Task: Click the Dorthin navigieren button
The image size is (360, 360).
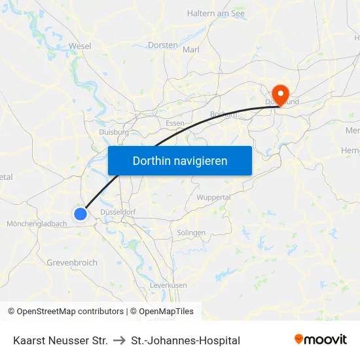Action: (x=180, y=160)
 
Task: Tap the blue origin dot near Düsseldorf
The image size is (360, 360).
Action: (x=81, y=213)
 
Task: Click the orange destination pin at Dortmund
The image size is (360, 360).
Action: (x=280, y=94)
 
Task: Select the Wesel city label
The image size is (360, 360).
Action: (x=80, y=46)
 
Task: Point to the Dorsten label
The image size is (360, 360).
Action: (x=163, y=45)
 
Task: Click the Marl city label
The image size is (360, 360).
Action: (x=191, y=50)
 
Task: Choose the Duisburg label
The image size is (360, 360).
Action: (x=113, y=132)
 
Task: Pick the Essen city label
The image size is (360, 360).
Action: (x=175, y=123)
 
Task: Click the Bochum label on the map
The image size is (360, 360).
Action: (x=223, y=114)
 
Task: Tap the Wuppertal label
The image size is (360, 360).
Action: (x=213, y=197)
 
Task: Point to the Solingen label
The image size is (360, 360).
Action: (x=191, y=232)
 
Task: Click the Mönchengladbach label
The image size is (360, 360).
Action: (x=37, y=224)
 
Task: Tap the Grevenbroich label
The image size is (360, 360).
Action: (x=72, y=262)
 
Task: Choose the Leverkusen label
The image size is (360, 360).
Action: (x=168, y=285)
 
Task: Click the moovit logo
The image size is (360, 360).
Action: (x=321, y=340)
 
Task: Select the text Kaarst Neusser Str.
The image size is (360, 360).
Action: (x=60, y=340)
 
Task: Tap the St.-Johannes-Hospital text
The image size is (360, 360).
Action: (x=185, y=340)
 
